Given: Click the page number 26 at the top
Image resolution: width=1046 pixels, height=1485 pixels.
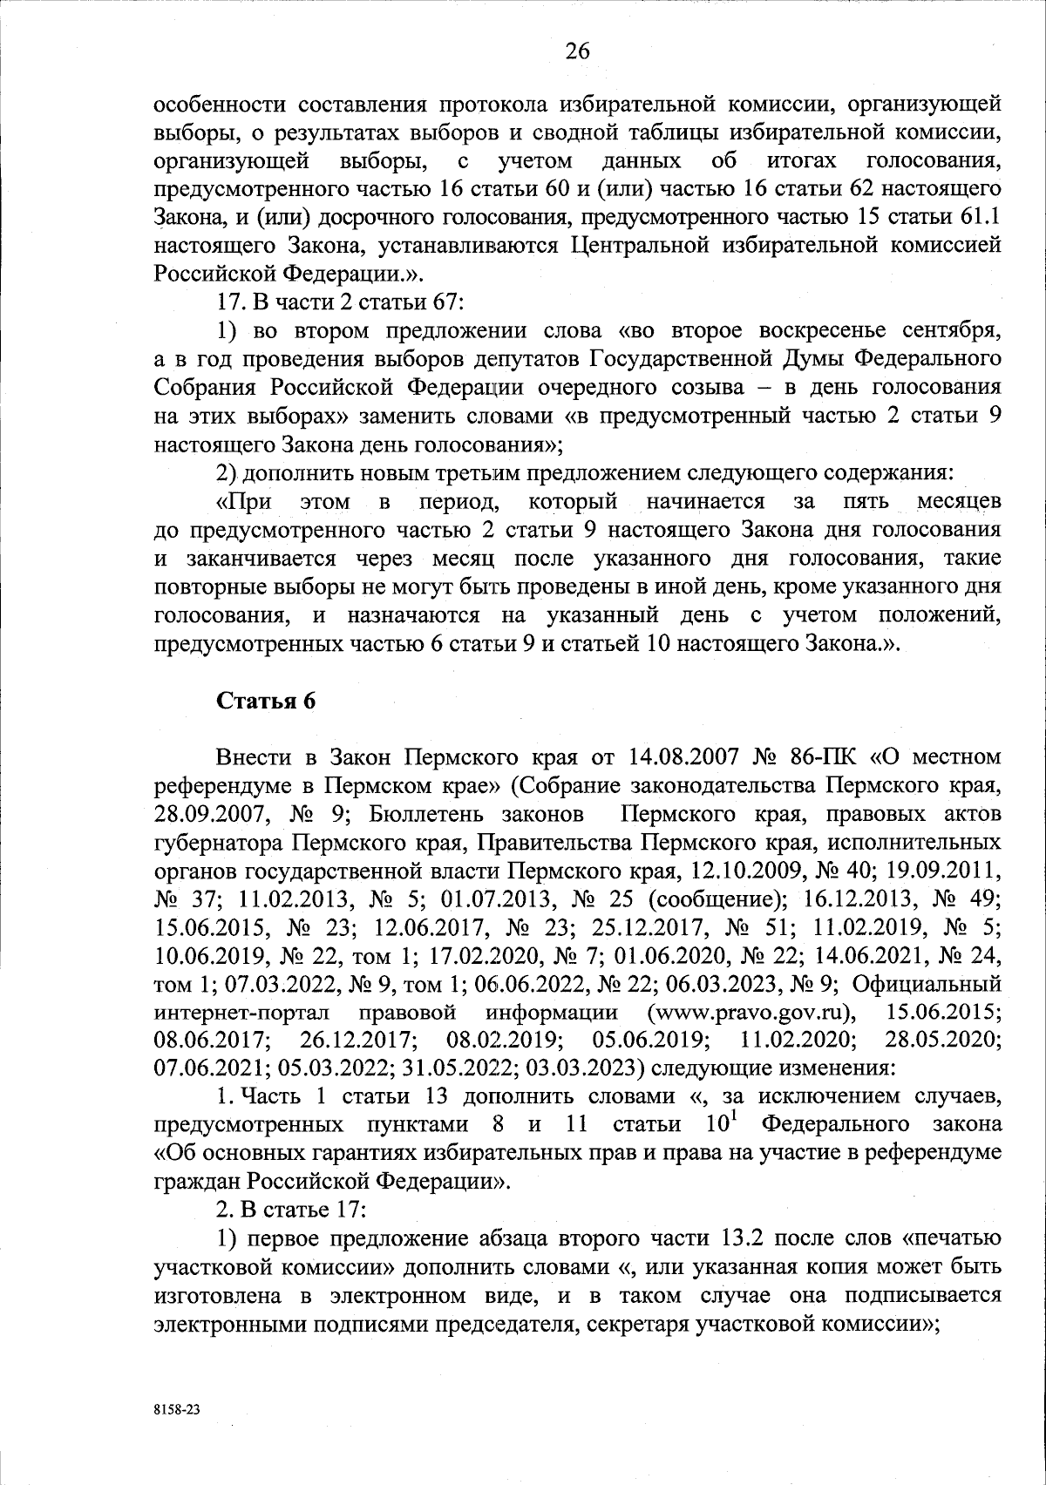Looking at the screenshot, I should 577,51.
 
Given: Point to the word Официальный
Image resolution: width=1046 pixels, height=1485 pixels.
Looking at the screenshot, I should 926,985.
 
